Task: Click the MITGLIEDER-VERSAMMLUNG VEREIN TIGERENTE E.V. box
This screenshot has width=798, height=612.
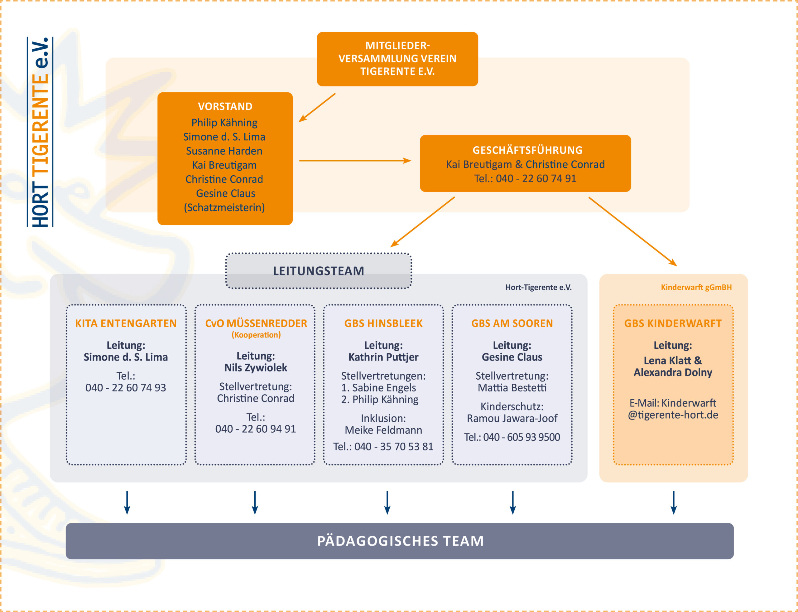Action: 397,59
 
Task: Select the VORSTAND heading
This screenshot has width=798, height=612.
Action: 225,106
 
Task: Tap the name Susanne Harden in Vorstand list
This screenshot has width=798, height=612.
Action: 224,151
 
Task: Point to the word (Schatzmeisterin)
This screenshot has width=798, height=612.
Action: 224,208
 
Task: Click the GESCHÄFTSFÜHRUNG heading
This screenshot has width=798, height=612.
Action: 527,150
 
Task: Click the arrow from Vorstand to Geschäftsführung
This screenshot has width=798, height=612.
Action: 355,161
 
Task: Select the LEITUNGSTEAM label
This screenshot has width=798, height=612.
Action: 319,271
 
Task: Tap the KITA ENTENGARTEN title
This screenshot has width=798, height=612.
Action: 126,323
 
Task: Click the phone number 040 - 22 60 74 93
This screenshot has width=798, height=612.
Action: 126,388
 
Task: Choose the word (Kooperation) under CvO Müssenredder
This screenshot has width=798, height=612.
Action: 256,335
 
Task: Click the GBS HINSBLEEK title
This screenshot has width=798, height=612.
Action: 383,323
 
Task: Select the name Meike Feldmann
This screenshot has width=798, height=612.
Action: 383,430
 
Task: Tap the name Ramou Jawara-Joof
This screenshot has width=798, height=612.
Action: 512,418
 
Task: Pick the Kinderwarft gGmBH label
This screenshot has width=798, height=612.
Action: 696,287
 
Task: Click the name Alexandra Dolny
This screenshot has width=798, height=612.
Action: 673,373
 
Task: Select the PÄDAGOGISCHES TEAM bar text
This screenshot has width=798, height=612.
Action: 401,541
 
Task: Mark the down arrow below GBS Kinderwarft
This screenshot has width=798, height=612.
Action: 674,503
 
